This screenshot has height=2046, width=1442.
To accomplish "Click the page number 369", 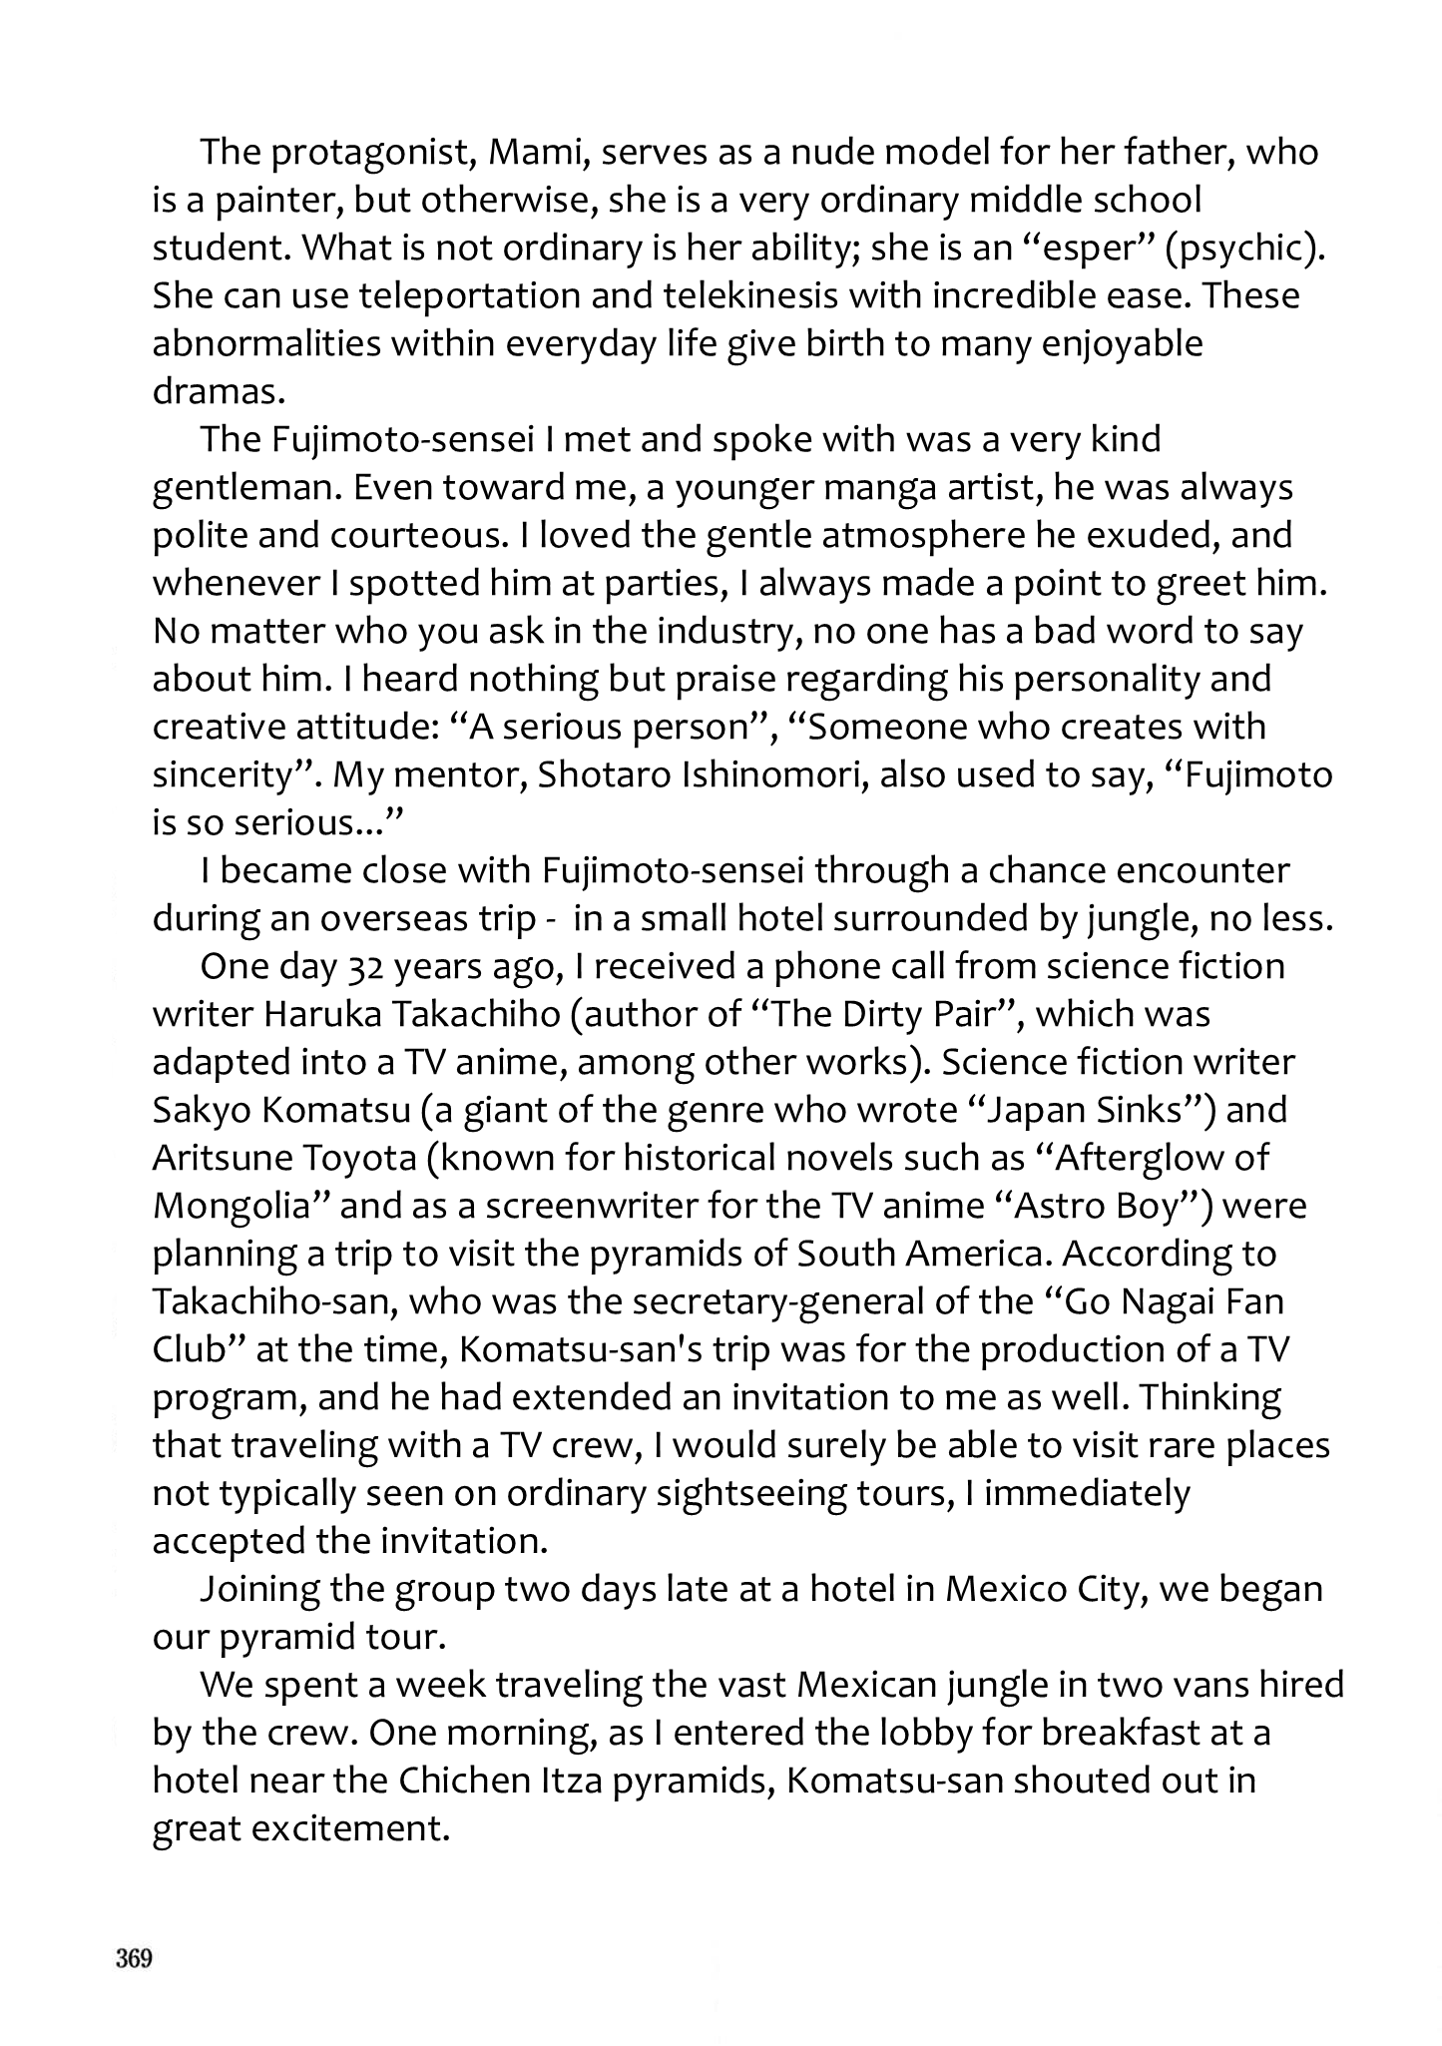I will click(x=133, y=1959).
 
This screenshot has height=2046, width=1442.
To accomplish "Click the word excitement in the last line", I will click(x=345, y=1828).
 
